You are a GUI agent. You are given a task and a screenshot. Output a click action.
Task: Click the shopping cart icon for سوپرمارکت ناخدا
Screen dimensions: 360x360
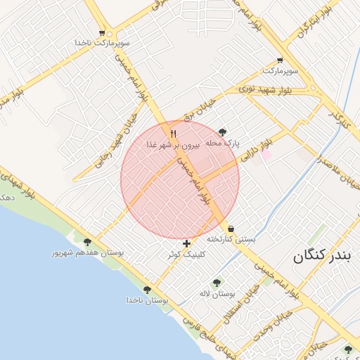(x=103, y=32)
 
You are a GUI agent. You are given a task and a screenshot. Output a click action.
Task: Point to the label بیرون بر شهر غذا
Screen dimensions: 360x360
(x=174, y=144)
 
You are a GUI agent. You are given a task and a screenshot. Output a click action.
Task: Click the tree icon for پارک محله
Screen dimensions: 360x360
(x=223, y=131)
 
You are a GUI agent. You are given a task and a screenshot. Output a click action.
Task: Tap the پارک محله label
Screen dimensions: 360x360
(x=223, y=143)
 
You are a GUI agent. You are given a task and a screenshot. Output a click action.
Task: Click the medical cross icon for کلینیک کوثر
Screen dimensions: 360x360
(x=186, y=243)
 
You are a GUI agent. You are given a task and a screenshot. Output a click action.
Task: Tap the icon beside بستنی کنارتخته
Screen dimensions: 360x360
(x=231, y=229)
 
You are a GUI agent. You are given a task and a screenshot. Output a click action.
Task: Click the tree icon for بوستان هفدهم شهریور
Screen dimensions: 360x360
(x=87, y=242)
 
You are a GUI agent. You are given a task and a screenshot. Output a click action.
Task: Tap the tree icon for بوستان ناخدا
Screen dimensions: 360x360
(x=147, y=290)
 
